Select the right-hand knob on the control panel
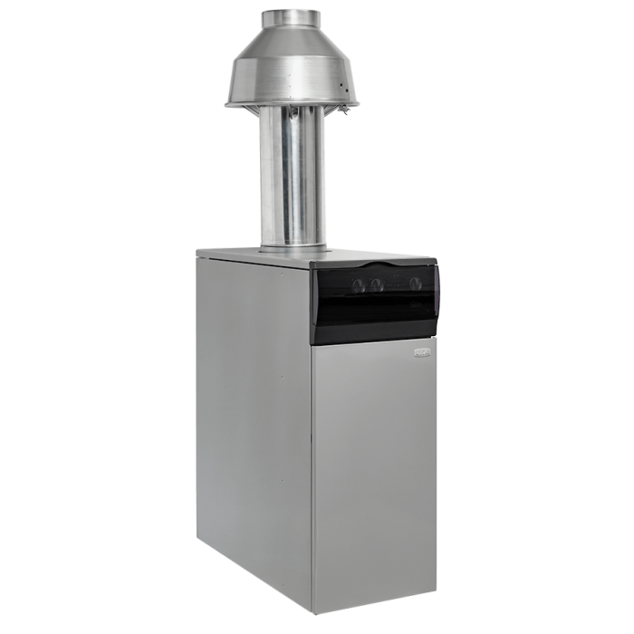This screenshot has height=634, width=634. point(415,283)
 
